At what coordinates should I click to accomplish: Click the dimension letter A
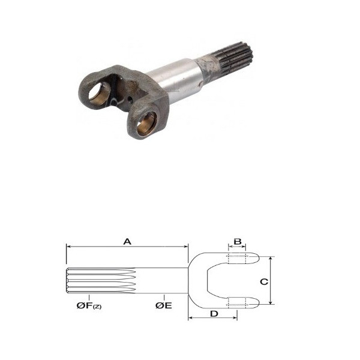(x=127, y=242)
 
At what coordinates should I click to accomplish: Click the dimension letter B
(x=238, y=242)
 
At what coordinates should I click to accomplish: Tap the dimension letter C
(x=264, y=281)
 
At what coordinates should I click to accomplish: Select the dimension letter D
(x=214, y=314)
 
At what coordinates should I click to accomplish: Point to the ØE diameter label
(x=163, y=305)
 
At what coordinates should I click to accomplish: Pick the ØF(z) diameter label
(x=89, y=305)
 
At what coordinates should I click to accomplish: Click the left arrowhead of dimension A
(x=68, y=247)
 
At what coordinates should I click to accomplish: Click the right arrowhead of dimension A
(x=186, y=247)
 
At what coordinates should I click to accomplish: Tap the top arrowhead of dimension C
(x=271, y=259)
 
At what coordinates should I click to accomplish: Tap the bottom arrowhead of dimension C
(x=271, y=302)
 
